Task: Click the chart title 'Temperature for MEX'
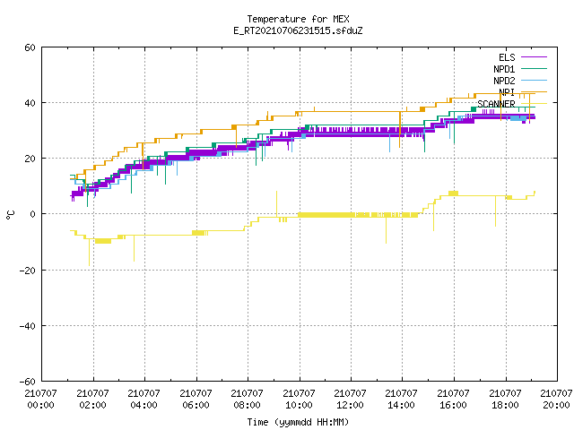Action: coord(298,19)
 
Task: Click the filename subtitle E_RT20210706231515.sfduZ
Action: coord(298,30)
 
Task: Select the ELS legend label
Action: coord(507,57)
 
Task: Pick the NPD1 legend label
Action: coord(504,69)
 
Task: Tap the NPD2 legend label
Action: coord(504,81)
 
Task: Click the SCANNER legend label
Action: coord(496,104)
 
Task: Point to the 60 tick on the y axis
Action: coord(30,47)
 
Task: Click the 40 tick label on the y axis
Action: coord(30,103)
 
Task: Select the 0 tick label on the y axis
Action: coord(33,214)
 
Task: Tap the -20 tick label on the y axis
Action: coord(28,271)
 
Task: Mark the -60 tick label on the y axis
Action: coord(28,382)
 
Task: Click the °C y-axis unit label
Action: coord(11,215)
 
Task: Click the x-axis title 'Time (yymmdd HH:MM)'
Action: coord(298,422)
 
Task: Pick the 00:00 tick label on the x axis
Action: coord(41,405)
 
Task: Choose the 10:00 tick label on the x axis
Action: coord(299,405)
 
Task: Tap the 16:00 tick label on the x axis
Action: coord(454,405)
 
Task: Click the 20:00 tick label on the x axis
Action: coord(557,405)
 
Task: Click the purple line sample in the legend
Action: coord(535,57)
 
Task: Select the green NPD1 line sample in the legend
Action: coord(535,69)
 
